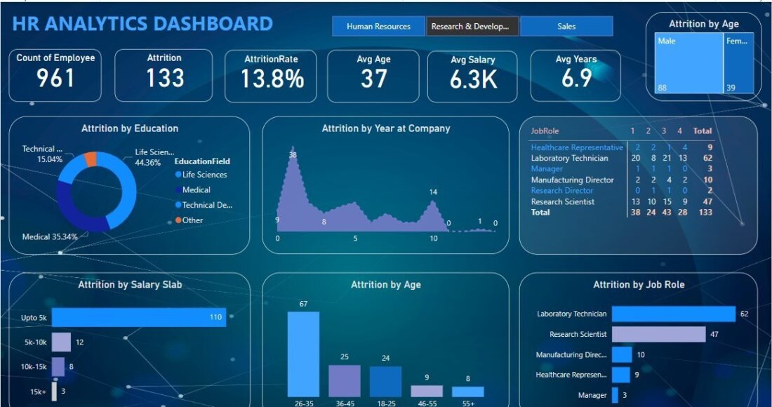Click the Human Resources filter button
point(378,27)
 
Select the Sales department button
point(566,27)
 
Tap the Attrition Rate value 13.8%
point(272,79)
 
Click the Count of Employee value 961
point(55,78)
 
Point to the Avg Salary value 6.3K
point(473,79)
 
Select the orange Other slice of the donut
point(91,159)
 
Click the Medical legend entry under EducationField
point(196,189)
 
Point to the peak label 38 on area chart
point(293,155)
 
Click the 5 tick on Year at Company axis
point(355,239)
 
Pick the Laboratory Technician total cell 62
point(707,159)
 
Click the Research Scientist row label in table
point(563,201)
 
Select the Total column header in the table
point(702,131)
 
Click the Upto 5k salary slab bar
point(138,318)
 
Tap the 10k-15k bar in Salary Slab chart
point(58,366)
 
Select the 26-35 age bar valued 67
point(303,354)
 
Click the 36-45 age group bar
point(344,381)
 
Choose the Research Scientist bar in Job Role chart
point(658,334)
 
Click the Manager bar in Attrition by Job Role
point(615,395)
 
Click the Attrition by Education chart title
point(130,128)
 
